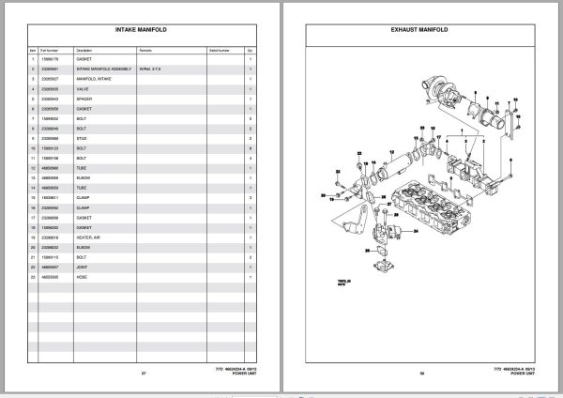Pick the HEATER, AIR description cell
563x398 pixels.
click(87, 237)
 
